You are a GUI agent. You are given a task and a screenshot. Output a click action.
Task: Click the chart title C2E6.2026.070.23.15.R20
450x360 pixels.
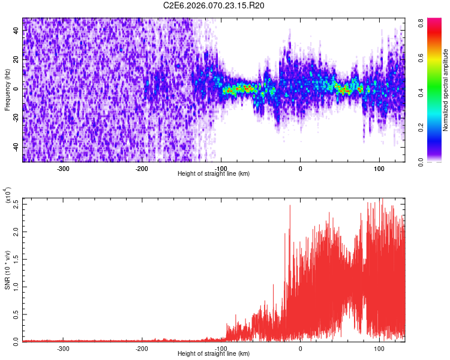pyautogui.click(x=214, y=5)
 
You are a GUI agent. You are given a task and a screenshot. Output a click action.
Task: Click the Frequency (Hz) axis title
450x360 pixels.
pyautogui.click(x=7, y=90)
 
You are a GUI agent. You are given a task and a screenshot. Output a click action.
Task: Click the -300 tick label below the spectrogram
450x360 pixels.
pyautogui.click(x=64, y=168)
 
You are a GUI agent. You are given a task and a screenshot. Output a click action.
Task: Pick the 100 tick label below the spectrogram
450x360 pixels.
pyautogui.click(x=379, y=168)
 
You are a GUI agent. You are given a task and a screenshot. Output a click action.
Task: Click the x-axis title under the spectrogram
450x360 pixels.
pyautogui.click(x=214, y=173)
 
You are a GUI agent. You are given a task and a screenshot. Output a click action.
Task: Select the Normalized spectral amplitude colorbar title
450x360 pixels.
pyautogui.click(x=446, y=90)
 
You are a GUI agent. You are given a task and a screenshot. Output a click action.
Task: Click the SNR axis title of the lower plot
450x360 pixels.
pyautogui.click(x=7, y=270)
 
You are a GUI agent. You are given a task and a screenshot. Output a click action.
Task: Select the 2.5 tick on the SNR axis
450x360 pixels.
pyautogui.click(x=16, y=203)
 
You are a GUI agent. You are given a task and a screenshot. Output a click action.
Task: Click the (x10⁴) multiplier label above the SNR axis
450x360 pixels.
pyautogui.click(x=7, y=196)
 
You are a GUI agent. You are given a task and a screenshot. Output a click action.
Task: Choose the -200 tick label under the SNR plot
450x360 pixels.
pyautogui.click(x=142, y=348)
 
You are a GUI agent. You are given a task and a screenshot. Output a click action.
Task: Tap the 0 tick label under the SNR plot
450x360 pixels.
pyautogui.click(x=300, y=348)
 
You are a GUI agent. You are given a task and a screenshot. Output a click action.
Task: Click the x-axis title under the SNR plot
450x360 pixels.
pyautogui.click(x=214, y=354)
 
